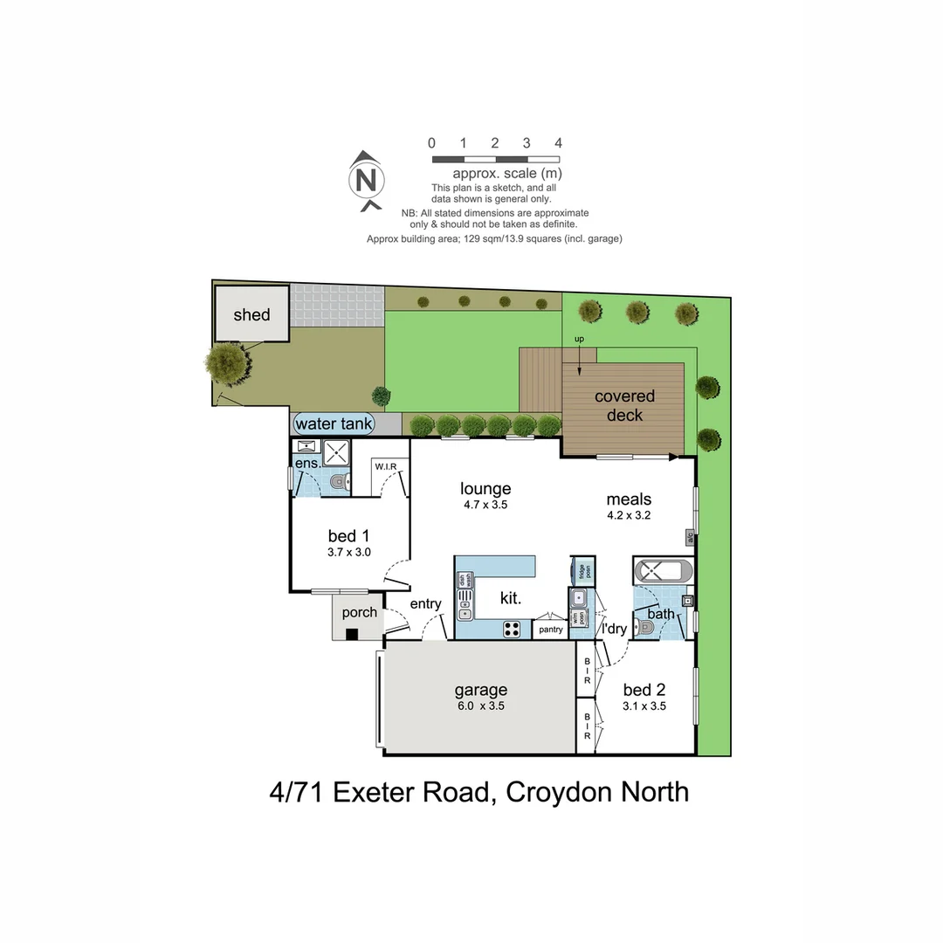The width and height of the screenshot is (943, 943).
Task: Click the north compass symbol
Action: pyautogui.click(x=368, y=181)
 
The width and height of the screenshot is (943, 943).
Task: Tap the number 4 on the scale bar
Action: pyautogui.click(x=558, y=143)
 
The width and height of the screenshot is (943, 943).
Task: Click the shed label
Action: pyautogui.click(x=251, y=315)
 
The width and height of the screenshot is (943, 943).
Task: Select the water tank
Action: pyautogui.click(x=334, y=424)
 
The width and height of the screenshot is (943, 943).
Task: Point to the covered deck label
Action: pyautogui.click(x=624, y=406)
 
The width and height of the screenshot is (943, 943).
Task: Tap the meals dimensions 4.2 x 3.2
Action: pyautogui.click(x=629, y=515)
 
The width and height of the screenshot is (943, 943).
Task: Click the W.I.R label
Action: pyautogui.click(x=386, y=466)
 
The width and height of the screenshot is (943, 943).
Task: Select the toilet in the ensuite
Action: pyautogui.click(x=338, y=482)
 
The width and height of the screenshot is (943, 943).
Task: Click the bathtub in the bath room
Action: pyautogui.click(x=663, y=572)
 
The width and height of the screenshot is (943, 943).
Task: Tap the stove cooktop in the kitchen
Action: pyautogui.click(x=513, y=628)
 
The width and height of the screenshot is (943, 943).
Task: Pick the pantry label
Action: pyautogui.click(x=550, y=630)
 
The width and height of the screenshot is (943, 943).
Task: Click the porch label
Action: pyautogui.click(x=360, y=612)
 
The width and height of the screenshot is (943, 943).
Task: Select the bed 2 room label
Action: pyautogui.click(x=644, y=690)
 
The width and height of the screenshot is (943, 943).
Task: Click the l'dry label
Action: pyautogui.click(x=615, y=628)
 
